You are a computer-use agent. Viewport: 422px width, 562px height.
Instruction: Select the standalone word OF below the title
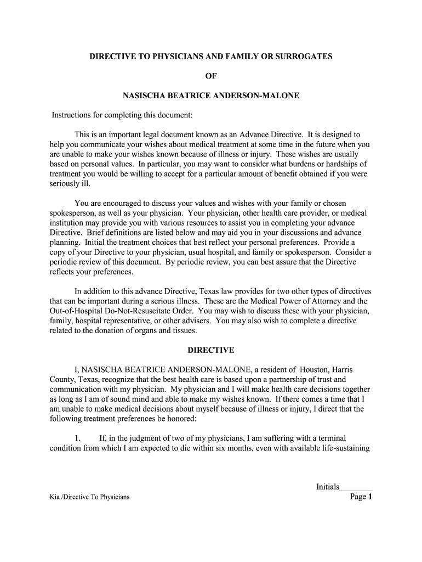tap(211, 76)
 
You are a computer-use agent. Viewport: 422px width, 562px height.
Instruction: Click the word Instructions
tap(72, 115)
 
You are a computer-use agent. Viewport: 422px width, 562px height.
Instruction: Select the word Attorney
tap(323, 301)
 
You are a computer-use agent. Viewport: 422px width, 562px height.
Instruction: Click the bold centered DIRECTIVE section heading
tap(211, 350)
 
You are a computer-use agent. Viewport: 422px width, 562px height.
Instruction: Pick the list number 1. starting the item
tap(77, 438)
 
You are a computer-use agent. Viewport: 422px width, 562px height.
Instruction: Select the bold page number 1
tap(370, 497)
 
